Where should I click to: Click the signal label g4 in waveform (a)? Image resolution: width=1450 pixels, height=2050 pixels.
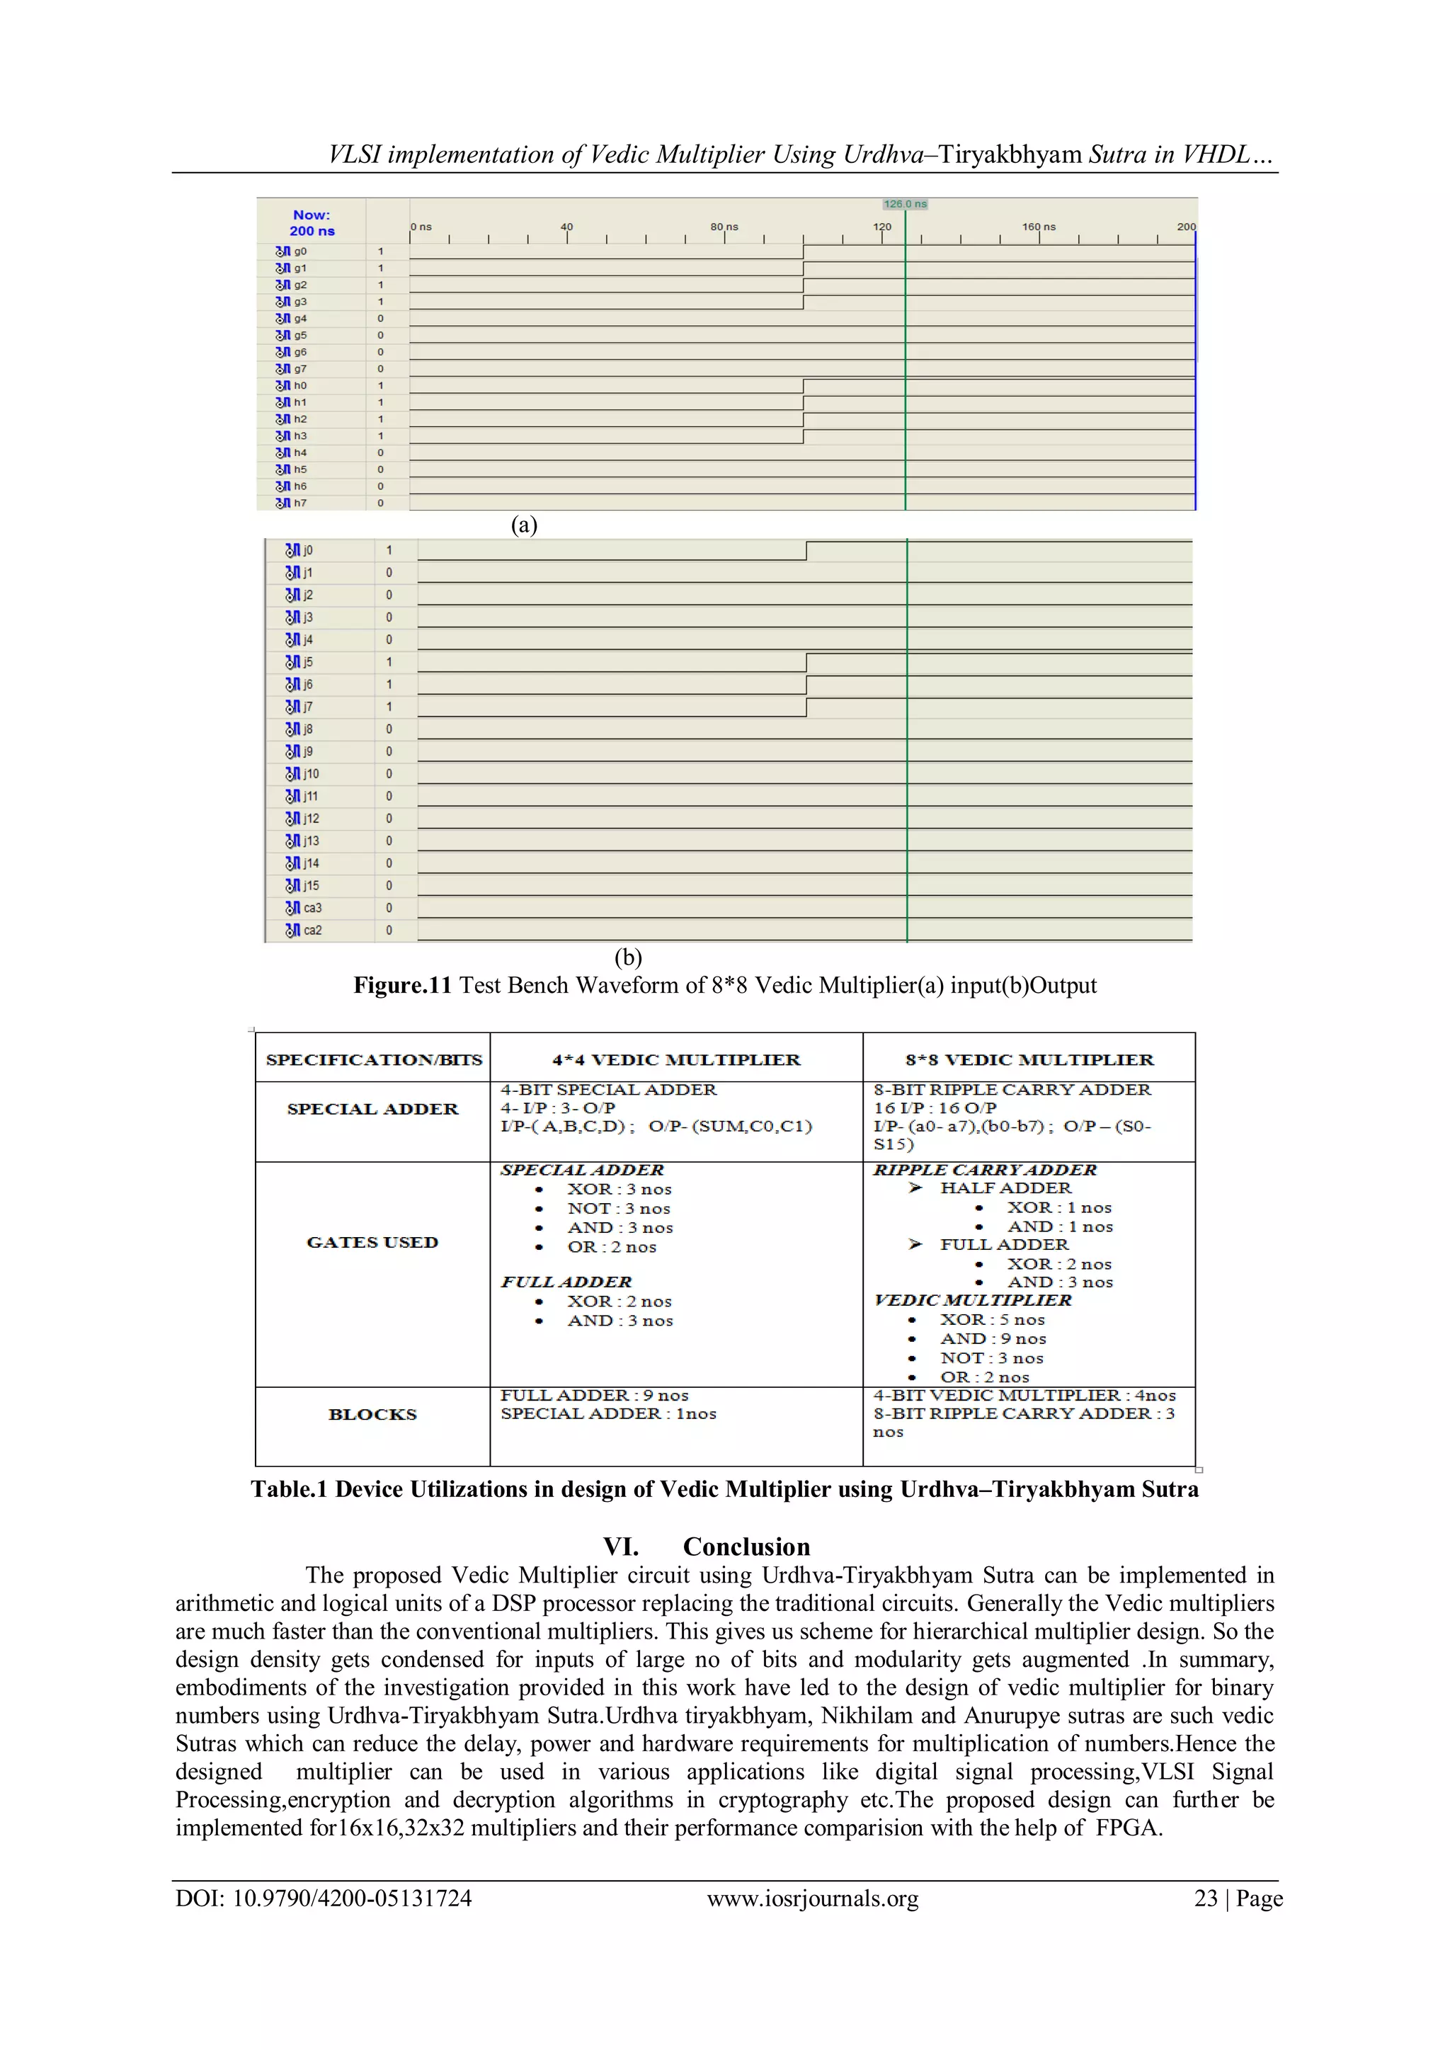pos(300,319)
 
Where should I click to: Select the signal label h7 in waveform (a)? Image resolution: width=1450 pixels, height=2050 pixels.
pos(300,503)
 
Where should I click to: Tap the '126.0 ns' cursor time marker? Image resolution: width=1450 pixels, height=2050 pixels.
pos(906,205)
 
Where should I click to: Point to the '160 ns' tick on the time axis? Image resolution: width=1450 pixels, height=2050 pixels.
pos(1039,227)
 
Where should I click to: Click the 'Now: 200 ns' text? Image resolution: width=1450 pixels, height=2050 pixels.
pos(312,222)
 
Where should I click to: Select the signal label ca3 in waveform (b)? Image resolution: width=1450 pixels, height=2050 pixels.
pos(312,908)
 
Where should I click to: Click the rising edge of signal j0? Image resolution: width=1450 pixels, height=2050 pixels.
pos(806,551)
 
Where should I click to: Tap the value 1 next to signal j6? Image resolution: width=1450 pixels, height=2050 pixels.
pos(389,685)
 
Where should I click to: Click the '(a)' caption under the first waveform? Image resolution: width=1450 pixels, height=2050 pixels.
pos(524,525)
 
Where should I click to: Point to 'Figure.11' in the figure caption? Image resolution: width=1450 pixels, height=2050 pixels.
pos(403,986)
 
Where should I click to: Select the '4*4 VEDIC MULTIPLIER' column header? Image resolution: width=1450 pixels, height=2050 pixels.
pos(676,1060)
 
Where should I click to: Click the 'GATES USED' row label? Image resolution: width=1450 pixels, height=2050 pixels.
pos(372,1242)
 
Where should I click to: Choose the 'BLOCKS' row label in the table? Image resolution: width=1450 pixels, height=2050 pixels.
pos(372,1414)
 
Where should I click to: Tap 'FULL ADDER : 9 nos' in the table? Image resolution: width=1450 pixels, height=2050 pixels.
pos(594,1396)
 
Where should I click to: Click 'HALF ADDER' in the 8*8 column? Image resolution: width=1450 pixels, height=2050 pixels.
pos(1005,1188)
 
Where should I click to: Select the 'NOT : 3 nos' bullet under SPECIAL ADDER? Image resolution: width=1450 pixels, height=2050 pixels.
pos(618,1209)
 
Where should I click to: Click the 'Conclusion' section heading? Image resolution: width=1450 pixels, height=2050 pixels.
pos(746,1547)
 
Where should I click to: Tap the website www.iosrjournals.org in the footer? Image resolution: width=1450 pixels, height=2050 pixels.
pos(813,1898)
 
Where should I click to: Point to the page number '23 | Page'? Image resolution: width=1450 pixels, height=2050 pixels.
pos(1238,1898)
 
